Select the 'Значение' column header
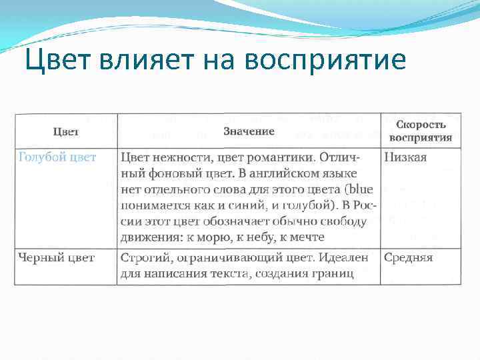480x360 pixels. tap(249, 131)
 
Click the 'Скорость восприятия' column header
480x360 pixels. tap(420, 131)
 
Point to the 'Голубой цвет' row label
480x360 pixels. tap(57, 157)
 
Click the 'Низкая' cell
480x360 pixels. tap(405, 157)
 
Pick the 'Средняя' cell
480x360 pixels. tap(408, 257)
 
